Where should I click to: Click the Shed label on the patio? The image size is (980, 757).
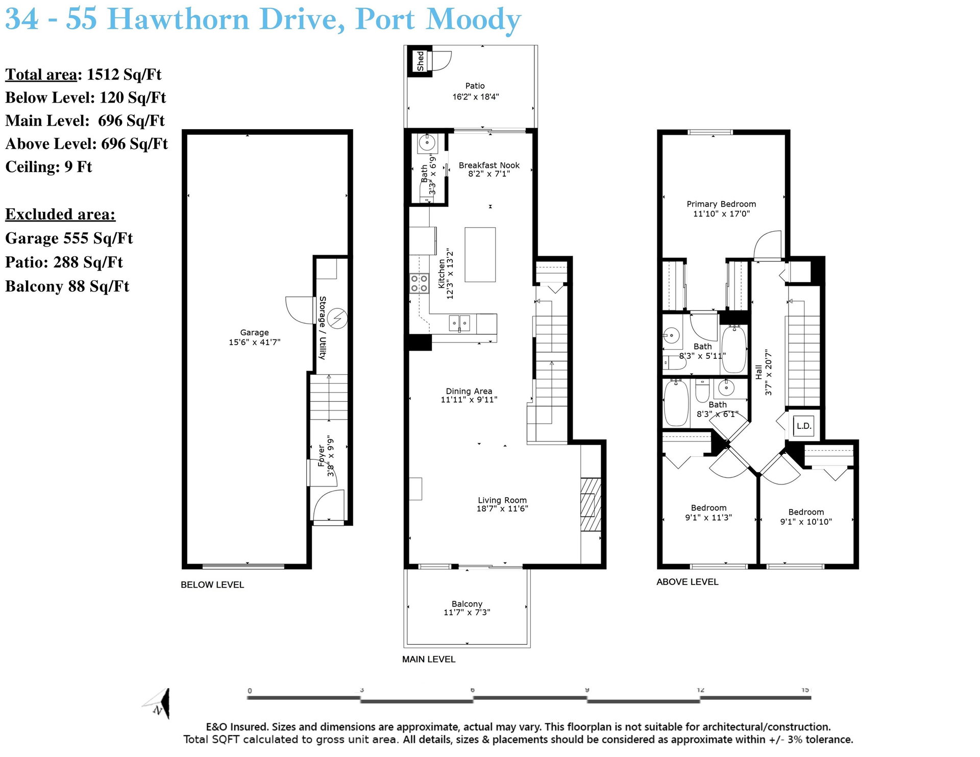[x=420, y=61]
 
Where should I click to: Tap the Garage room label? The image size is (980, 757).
[x=254, y=332]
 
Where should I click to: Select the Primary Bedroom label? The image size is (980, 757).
[x=721, y=204]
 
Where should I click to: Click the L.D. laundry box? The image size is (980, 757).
[x=804, y=426]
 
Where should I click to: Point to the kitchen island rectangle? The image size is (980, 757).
[x=480, y=255]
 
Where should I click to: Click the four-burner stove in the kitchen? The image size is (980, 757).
[x=419, y=283]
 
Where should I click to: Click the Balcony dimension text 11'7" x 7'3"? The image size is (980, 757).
[x=467, y=613]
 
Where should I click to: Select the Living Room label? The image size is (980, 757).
[x=502, y=500]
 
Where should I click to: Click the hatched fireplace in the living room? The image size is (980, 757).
[x=591, y=505]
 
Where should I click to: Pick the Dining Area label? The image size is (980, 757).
[x=469, y=392]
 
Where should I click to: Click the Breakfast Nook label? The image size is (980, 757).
[x=489, y=165]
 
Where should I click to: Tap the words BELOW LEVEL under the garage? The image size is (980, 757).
[x=212, y=585]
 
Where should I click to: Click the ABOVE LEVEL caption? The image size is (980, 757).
[x=688, y=582]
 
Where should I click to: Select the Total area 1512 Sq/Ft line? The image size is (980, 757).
[x=83, y=75]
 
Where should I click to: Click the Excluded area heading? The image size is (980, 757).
[x=60, y=214]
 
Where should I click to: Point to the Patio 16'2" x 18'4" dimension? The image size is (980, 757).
[x=475, y=97]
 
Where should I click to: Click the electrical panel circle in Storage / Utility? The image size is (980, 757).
[x=337, y=319]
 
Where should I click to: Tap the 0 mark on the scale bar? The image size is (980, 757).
[x=250, y=691]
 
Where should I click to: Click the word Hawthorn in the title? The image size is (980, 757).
[x=179, y=19]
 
